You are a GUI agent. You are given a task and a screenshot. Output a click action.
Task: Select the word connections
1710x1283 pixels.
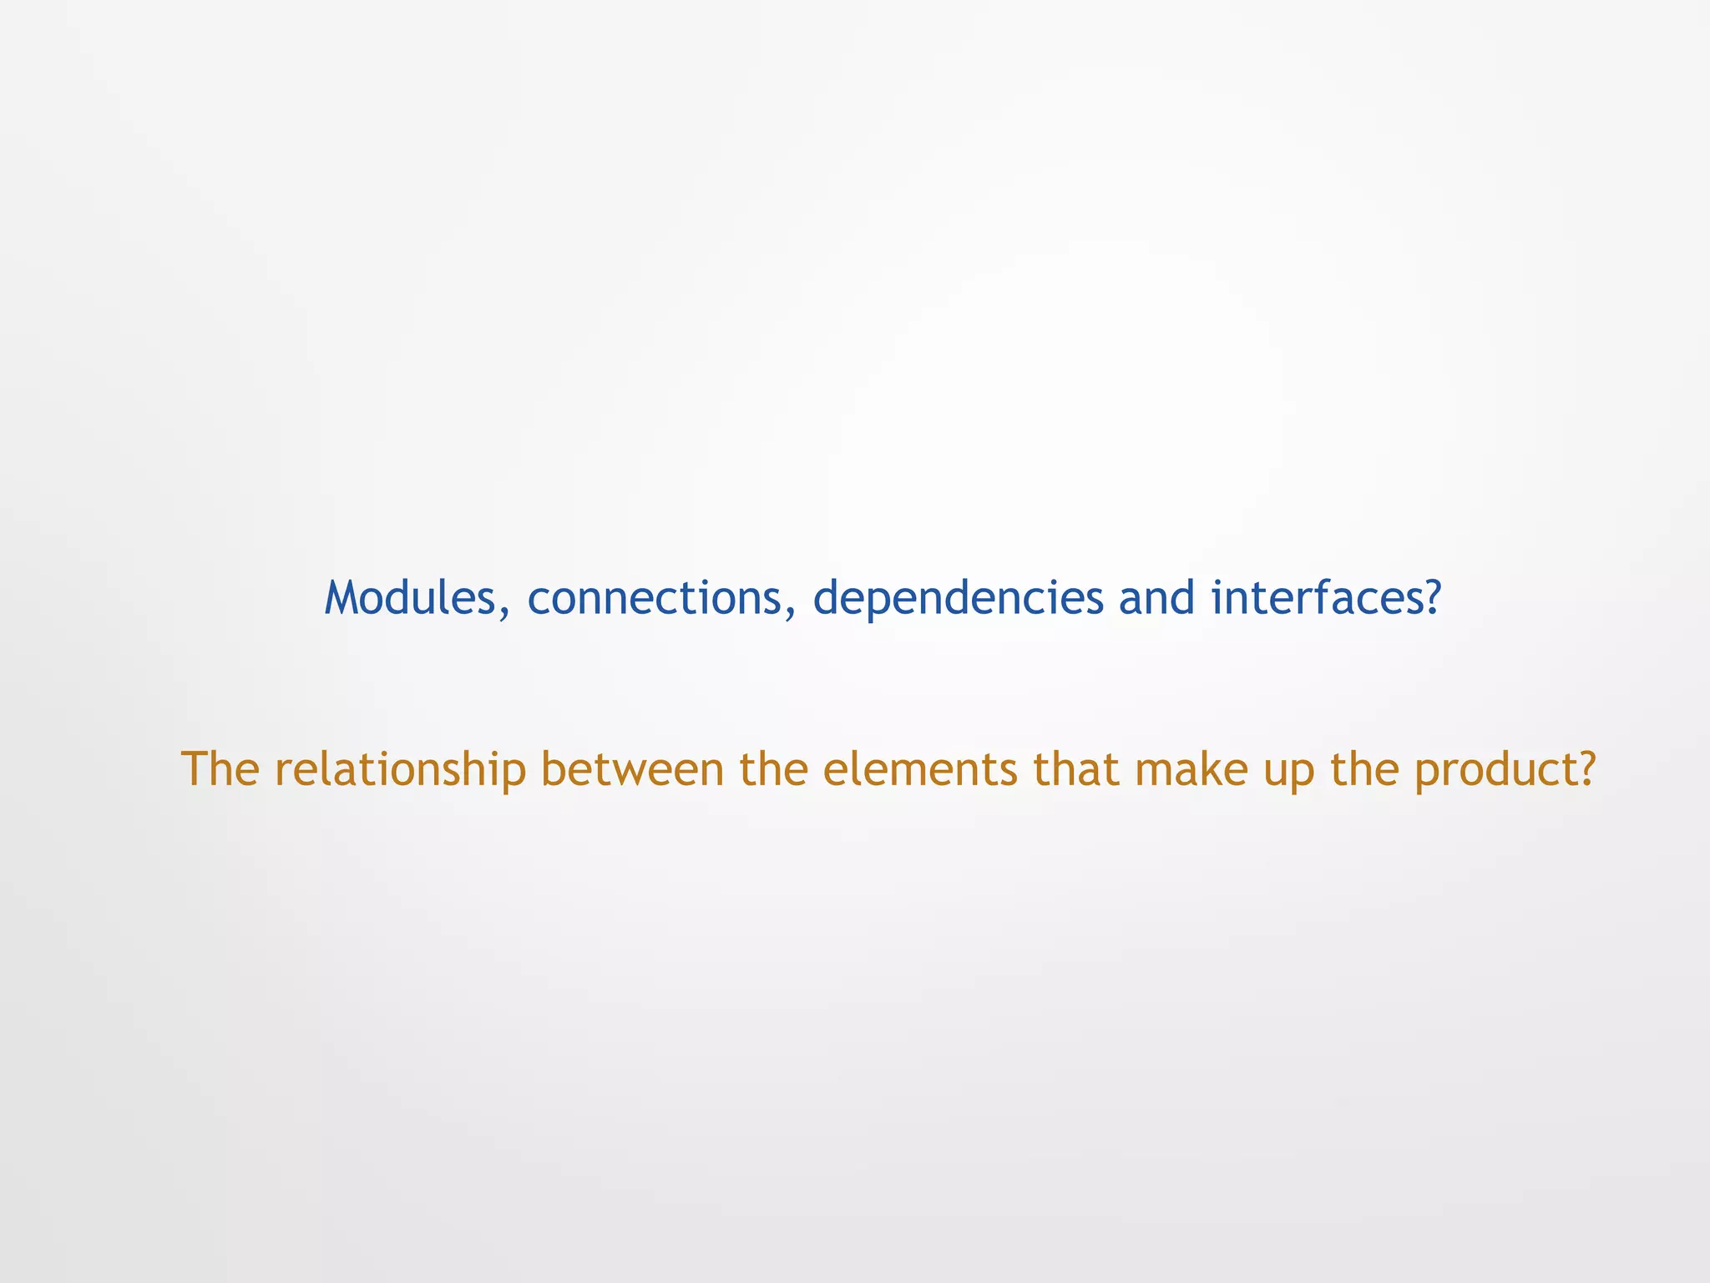[x=654, y=598]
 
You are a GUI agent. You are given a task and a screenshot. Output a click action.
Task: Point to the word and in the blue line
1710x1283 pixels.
[x=1156, y=598]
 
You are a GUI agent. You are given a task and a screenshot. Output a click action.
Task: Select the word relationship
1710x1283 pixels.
[x=400, y=770]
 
